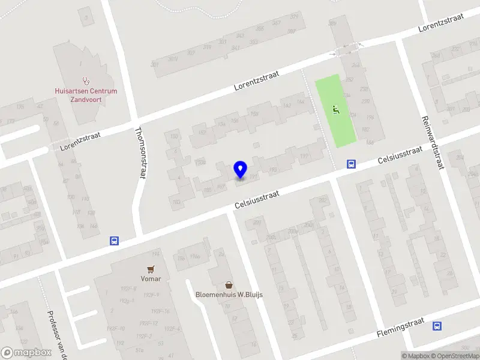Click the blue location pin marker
[x=240, y=170]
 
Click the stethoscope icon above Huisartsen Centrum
[x=85, y=80]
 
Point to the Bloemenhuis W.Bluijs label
[x=229, y=295]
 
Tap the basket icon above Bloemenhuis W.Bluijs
[x=229, y=284]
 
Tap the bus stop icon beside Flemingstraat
[x=436, y=326]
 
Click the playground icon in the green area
[x=336, y=109]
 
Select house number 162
[x=286, y=106]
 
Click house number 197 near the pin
[x=305, y=157]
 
